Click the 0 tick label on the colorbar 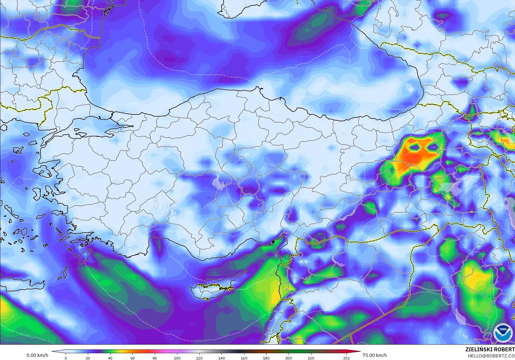point(66,358)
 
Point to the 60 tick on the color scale point(133,358)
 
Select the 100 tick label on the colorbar point(177,358)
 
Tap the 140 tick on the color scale point(222,358)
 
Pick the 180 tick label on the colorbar point(266,358)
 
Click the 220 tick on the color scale point(311,358)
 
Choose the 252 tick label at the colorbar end point(347,358)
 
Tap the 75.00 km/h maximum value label point(374,355)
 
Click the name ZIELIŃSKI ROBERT point(490,349)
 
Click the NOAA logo point(502,333)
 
